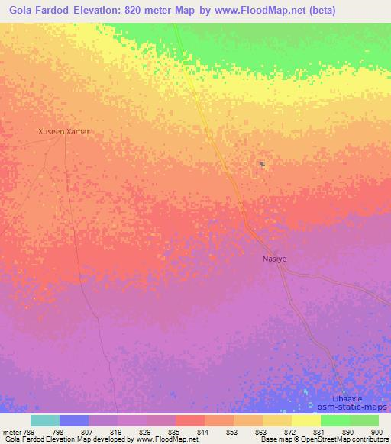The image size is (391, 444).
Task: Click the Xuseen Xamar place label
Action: pos(64,131)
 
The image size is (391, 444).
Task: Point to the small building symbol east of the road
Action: pos(261,164)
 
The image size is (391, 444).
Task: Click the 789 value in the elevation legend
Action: pos(29,432)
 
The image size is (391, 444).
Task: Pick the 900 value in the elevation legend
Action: pos(377,432)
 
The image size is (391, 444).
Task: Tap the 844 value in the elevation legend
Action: pos(203,432)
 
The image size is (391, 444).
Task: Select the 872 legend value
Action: pos(290,432)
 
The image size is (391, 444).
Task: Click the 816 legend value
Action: pos(116,432)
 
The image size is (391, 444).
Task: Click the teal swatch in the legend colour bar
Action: pos(45,420)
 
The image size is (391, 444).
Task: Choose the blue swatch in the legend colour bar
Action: pos(74,420)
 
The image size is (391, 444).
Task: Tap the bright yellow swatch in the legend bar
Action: pos(306,420)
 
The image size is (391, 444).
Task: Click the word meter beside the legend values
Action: pos(11,432)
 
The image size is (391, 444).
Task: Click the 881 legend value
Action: pos(319,432)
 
